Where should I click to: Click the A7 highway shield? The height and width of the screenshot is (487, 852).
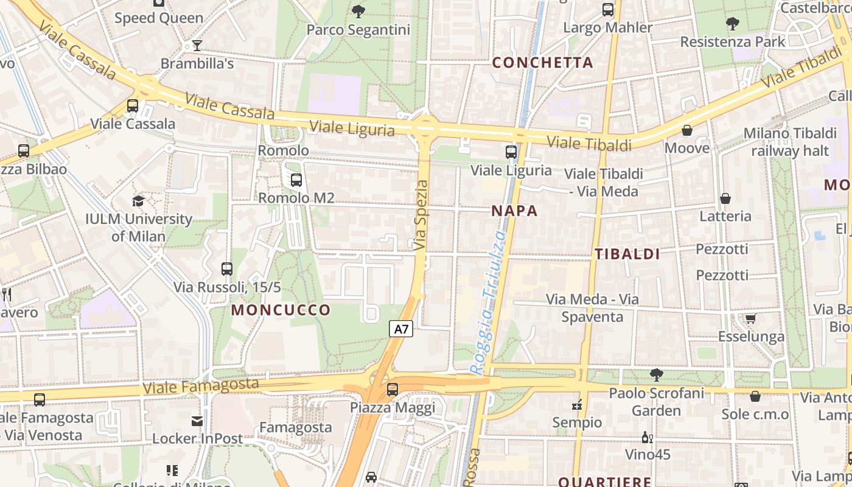401,329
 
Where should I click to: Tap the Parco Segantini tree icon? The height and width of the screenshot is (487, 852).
358,11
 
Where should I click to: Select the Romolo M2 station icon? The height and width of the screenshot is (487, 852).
296,180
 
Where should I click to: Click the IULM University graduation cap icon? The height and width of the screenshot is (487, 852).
139,201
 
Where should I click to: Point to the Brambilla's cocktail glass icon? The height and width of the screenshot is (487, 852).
197,45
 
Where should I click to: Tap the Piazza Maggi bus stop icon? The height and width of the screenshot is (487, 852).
393,390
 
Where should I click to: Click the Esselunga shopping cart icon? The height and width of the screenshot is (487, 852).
751,318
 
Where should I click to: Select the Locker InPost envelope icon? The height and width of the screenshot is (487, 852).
197,421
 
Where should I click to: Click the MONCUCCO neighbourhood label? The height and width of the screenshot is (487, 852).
281,310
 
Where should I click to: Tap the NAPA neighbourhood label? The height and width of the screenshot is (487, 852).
514,211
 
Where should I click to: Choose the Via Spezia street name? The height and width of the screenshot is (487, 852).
421,215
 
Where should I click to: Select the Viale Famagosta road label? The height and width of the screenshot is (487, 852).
200,386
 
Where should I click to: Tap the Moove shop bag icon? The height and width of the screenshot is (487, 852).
687,130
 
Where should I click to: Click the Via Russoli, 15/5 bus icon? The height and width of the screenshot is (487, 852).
227,268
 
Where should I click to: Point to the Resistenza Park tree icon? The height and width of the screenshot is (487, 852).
733,24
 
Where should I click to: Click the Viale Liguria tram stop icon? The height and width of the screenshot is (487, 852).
511,152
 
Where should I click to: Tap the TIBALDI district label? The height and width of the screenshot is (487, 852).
627,254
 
